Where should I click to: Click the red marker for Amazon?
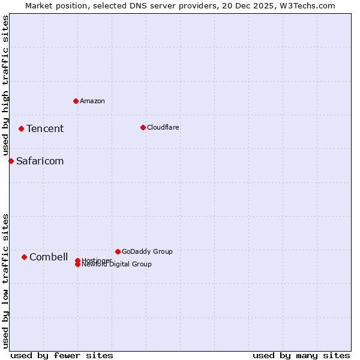click(x=76, y=101)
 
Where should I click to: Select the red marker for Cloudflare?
click(x=143, y=127)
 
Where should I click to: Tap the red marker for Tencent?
click(x=21, y=128)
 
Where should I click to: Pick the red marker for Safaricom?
click(x=11, y=161)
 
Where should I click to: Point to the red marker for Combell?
click(x=24, y=257)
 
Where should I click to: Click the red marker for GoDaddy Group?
click(x=118, y=251)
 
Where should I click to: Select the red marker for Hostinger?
click(x=77, y=260)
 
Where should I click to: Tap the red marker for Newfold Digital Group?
click(x=77, y=265)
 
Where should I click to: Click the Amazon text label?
click(x=92, y=101)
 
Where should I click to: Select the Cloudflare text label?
click(x=163, y=127)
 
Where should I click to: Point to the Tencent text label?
click(x=45, y=128)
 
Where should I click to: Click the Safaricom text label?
click(x=40, y=161)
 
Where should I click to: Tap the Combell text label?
click(x=49, y=257)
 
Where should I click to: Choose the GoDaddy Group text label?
click(x=147, y=251)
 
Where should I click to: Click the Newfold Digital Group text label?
click(x=117, y=265)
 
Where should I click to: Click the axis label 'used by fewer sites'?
click(x=62, y=355)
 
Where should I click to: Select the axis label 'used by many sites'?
click(x=301, y=355)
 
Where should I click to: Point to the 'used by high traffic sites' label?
click(x=5, y=85)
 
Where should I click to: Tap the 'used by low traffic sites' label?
click(x=5, y=280)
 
